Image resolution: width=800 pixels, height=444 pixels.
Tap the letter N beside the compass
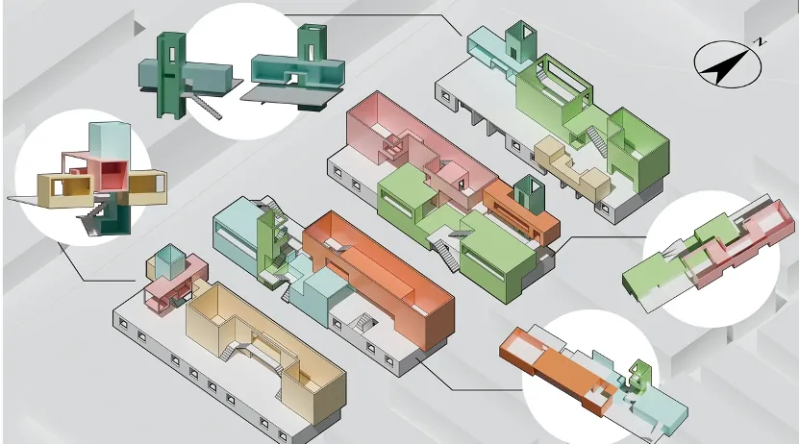[x=760, y=42]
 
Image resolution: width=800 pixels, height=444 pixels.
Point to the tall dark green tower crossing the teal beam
[x=170, y=72]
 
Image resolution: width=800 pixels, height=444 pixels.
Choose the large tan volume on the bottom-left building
[x=269, y=346]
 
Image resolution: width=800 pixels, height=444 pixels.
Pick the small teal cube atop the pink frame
[x=167, y=259]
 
